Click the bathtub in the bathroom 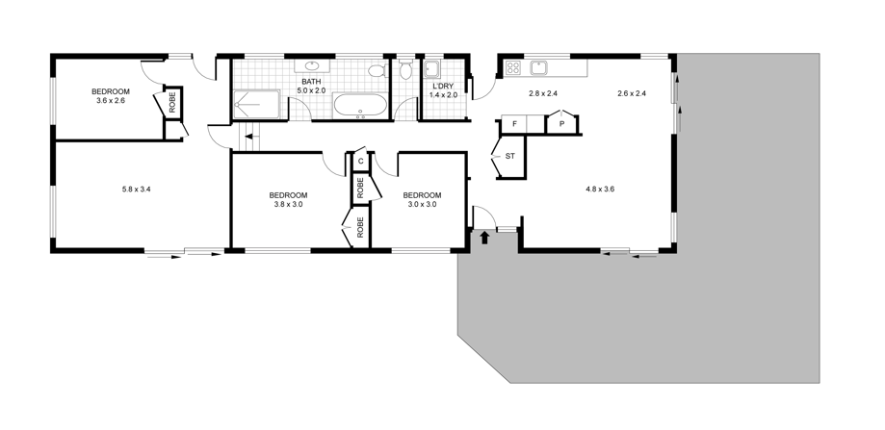coord(361,106)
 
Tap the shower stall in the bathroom coord(257,104)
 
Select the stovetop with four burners coord(513,67)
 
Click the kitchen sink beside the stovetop coord(539,67)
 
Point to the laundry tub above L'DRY coord(433,68)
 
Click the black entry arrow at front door coord(484,238)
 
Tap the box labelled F coord(514,124)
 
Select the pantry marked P coord(562,123)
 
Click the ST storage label coord(509,156)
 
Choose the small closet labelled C coord(360,160)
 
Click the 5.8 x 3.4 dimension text coord(137,190)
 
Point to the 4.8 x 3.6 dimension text coord(600,190)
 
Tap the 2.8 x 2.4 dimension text coord(543,93)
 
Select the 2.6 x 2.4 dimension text coord(632,93)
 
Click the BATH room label coord(311,82)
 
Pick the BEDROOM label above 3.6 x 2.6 coord(111,91)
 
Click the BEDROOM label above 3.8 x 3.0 coord(288,195)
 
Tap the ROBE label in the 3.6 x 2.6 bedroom coord(172,102)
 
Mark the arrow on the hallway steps coord(251,137)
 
